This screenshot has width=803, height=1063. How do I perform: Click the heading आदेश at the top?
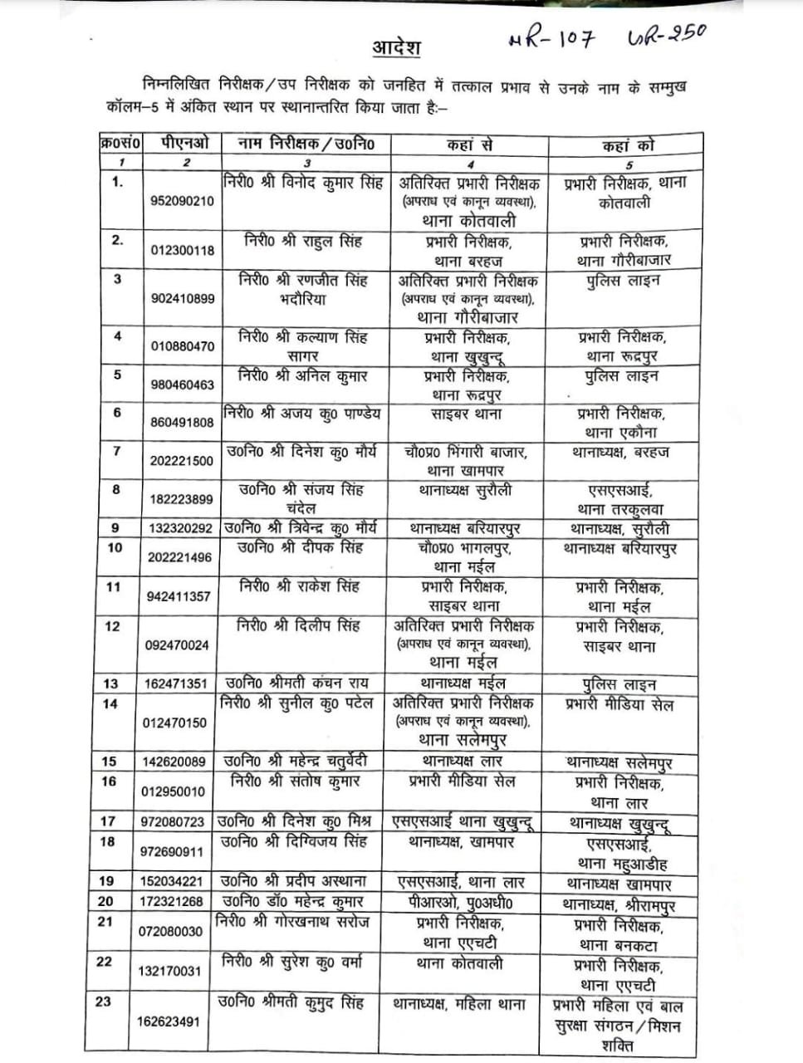click(394, 47)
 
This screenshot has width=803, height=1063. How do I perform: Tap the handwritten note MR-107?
click(551, 39)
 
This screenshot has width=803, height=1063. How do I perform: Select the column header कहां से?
click(469, 145)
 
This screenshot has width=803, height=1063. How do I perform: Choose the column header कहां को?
click(628, 145)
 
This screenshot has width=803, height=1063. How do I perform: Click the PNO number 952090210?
click(182, 201)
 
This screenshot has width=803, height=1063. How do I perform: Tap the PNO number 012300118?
click(182, 250)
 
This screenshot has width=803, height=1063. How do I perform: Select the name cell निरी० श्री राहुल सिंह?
click(303, 241)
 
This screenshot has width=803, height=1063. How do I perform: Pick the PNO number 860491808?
click(182, 422)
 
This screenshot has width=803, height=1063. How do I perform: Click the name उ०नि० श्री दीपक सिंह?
click(301, 548)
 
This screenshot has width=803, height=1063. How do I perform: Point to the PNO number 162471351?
click(175, 684)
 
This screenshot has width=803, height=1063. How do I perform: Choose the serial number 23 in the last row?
click(103, 1002)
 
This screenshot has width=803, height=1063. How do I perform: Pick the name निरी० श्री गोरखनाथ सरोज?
click(292, 922)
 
